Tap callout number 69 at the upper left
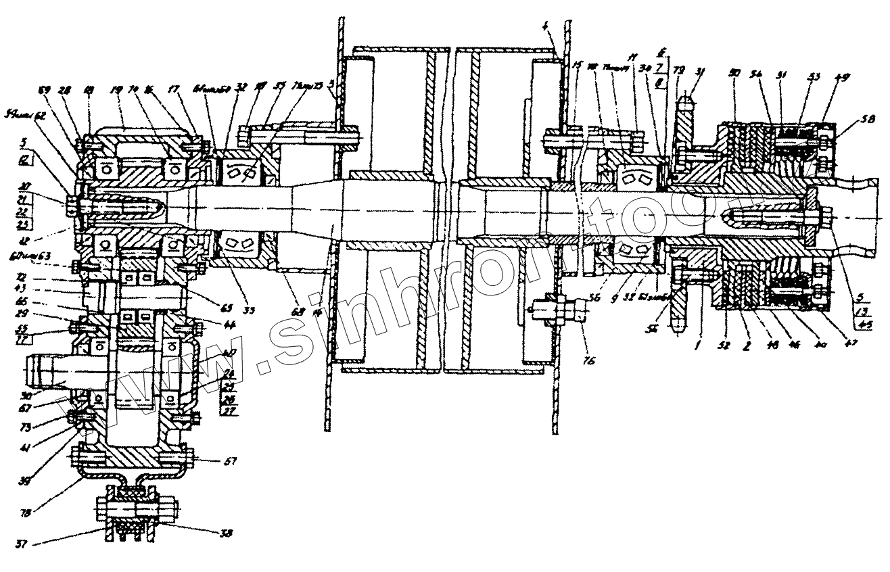click(45, 89)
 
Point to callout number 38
click(227, 533)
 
